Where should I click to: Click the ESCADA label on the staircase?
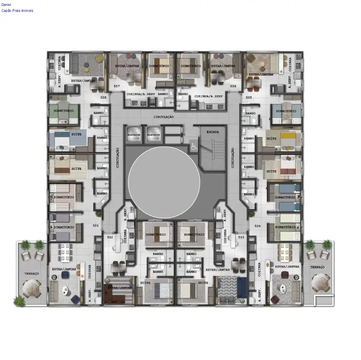point(213,132)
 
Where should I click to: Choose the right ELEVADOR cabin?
point(153,135)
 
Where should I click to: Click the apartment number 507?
point(117,87)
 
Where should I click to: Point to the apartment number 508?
point(103,97)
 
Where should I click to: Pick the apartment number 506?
point(233,87)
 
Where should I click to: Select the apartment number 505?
point(249,97)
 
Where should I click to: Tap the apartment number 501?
point(96,225)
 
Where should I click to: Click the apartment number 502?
point(110,237)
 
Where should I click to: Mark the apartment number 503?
point(241,237)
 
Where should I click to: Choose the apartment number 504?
point(257,226)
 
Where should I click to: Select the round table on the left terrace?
point(32,287)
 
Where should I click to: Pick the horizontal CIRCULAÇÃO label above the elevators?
point(164,117)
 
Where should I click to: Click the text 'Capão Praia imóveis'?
point(17,11)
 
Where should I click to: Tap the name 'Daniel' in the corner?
point(6,4)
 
